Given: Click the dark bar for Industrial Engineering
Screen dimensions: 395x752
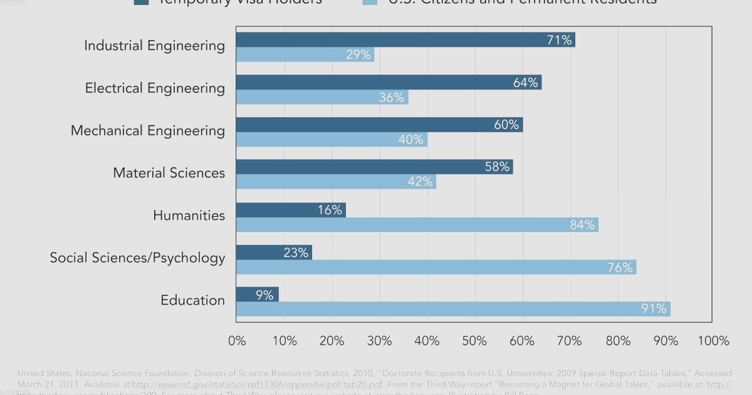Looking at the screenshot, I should [405, 40].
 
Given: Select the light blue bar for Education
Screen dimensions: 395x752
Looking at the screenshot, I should [453, 308].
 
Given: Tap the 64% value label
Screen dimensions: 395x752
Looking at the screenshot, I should [525, 83].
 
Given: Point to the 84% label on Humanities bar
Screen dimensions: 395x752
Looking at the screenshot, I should [582, 224].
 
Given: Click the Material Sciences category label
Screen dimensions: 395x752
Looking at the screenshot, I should [169, 172].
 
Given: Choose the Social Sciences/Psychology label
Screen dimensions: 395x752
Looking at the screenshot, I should [137, 258].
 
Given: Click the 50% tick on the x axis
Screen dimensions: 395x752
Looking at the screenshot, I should [474, 341].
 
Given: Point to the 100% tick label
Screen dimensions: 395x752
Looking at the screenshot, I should [713, 341].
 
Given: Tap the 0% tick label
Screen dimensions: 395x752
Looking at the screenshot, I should [237, 341].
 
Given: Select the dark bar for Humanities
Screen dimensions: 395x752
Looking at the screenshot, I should [291, 210].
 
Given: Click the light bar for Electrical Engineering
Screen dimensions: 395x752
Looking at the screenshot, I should [322, 97].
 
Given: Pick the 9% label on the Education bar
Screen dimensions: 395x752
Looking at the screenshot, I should [264, 295].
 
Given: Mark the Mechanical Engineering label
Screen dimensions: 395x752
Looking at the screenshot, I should [147, 130].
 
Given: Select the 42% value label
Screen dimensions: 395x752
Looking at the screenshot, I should [420, 182].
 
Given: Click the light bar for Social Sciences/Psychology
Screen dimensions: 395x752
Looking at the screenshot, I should [436, 267].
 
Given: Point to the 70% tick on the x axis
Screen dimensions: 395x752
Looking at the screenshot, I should [570, 341].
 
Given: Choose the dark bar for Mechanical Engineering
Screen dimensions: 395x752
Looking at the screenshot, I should [379, 125].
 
